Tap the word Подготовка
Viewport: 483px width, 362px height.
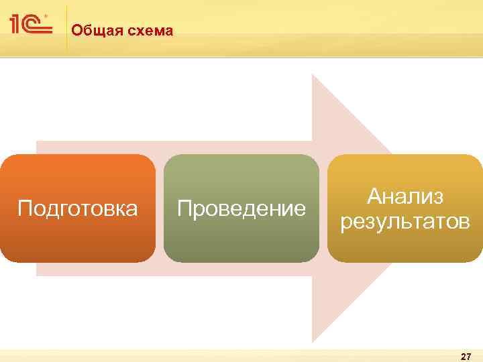click(x=78, y=208)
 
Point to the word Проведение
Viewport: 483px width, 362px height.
click(x=241, y=208)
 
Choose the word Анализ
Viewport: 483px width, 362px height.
click(x=405, y=196)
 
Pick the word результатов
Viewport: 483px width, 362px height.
click(x=405, y=221)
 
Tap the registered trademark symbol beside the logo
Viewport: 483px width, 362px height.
click(x=46, y=15)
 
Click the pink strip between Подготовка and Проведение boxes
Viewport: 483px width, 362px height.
click(x=160, y=208)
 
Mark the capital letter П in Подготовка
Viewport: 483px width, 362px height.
click(x=24, y=208)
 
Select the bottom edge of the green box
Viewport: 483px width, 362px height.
click(x=241, y=261)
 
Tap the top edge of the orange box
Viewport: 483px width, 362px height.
click(x=78, y=156)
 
